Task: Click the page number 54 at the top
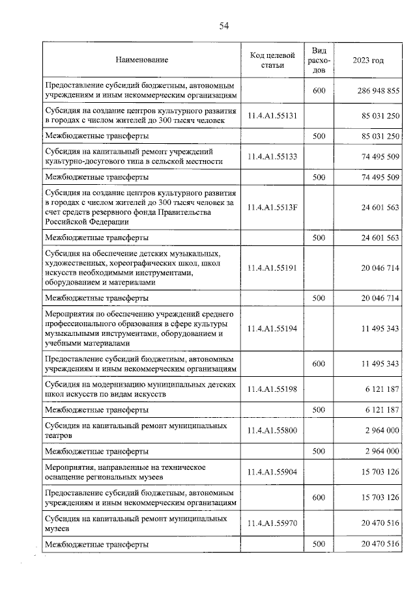224,26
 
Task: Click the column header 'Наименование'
141,60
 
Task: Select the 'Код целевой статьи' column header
272,60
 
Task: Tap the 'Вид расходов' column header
319,60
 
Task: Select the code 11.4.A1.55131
272,116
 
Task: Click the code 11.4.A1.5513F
272,207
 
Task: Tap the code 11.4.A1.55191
272,267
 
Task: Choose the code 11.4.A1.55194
272,329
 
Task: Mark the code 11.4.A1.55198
272,389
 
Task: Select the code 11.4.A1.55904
272,472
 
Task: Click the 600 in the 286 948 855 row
319,91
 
